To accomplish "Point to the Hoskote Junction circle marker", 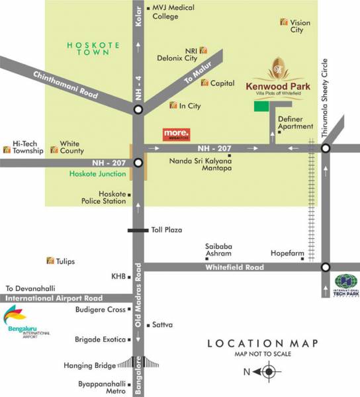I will (x=138, y=162).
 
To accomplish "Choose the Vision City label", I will (x=297, y=26).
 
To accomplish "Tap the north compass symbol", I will (x=268, y=371).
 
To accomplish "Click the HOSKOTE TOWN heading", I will (x=93, y=51).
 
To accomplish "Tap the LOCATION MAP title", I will (x=263, y=343).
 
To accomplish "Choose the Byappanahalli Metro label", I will (x=101, y=387).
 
